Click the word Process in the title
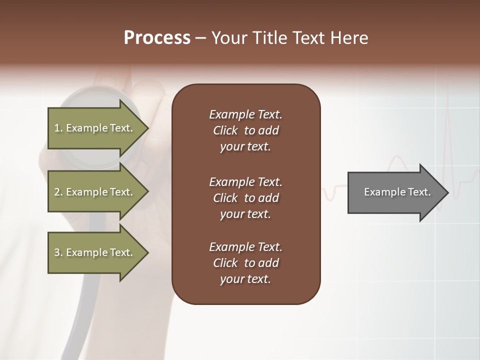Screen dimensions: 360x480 pos(157,38)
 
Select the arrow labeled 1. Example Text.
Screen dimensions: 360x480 pos(95,128)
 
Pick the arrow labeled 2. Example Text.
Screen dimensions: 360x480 pos(95,192)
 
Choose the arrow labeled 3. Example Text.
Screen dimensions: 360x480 pos(95,252)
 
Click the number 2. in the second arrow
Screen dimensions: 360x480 pos(58,192)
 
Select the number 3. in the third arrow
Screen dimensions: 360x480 pos(58,252)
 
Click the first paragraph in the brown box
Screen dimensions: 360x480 pos(245,130)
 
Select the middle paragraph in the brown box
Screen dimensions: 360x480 pos(245,197)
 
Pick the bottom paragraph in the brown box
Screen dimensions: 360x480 pos(245,263)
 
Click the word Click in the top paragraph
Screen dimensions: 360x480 pos(225,130)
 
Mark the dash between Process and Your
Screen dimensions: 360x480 pos(200,38)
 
